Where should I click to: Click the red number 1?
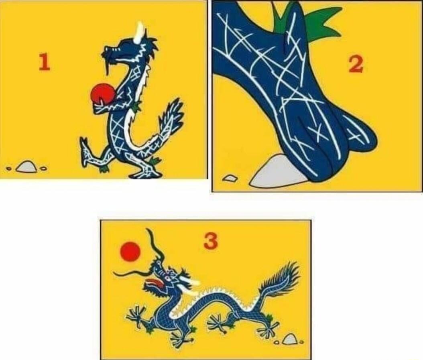point(44,62)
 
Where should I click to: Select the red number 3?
point(211,241)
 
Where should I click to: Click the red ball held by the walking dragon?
point(102,94)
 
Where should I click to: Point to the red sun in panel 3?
point(130,252)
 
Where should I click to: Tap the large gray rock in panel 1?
point(26,166)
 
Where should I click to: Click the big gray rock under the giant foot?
point(278,171)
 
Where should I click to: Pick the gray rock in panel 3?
point(289,339)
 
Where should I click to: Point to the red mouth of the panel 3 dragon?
point(153,284)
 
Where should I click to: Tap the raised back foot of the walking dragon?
point(88,151)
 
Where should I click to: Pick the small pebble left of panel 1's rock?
point(9,169)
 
